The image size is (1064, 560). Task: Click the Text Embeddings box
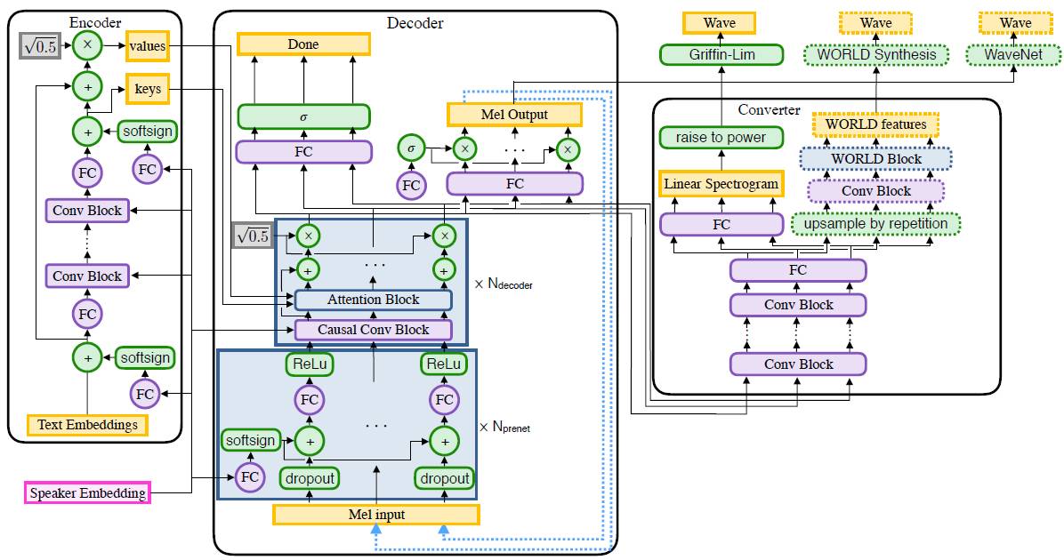click(87, 425)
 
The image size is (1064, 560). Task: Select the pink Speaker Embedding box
click(87, 492)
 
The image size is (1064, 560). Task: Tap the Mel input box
click(375, 515)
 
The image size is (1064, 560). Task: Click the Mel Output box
click(514, 114)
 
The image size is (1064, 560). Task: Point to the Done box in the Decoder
click(302, 44)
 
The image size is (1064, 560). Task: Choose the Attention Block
click(373, 300)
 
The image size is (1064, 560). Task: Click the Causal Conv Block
click(373, 330)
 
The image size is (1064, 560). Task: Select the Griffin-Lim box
click(721, 55)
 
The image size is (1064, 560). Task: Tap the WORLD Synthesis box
click(875, 55)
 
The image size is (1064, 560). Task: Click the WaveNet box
click(1015, 55)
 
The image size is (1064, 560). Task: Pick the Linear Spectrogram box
click(721, 184)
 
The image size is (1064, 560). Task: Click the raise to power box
click(721, 138)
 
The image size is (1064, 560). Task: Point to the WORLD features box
click(875, 124)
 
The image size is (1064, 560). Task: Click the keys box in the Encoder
click(148, 89)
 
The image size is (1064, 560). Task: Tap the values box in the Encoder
click(148, 44)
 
